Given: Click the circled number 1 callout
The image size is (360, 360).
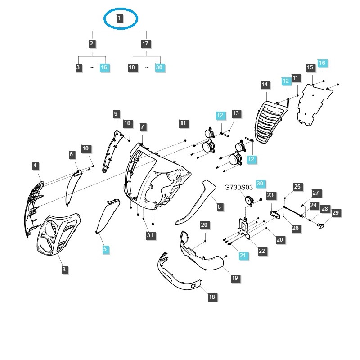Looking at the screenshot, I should [119, 18].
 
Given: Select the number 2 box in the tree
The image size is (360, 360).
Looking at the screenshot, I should [92, 44].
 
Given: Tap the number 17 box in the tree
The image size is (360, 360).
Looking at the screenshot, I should [145, 44].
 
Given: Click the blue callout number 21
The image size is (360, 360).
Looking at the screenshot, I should [243, 256].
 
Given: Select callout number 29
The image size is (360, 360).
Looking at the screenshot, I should [335, 212].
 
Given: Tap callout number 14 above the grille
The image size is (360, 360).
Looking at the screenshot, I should [265, 85].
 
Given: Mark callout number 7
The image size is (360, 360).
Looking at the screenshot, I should [143, 127].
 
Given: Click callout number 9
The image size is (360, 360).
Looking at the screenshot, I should [116, 114].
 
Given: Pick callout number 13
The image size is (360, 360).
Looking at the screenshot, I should [236, 113].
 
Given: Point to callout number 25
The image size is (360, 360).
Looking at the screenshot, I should [297, 187].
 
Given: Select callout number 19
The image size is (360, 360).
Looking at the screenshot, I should [234, 279].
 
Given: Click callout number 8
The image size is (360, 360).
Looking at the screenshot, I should [220, 207].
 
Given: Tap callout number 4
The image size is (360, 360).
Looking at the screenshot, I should [35, 166].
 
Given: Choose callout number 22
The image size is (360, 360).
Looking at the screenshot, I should [262, 251].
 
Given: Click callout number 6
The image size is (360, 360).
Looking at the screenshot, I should [72, 155].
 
